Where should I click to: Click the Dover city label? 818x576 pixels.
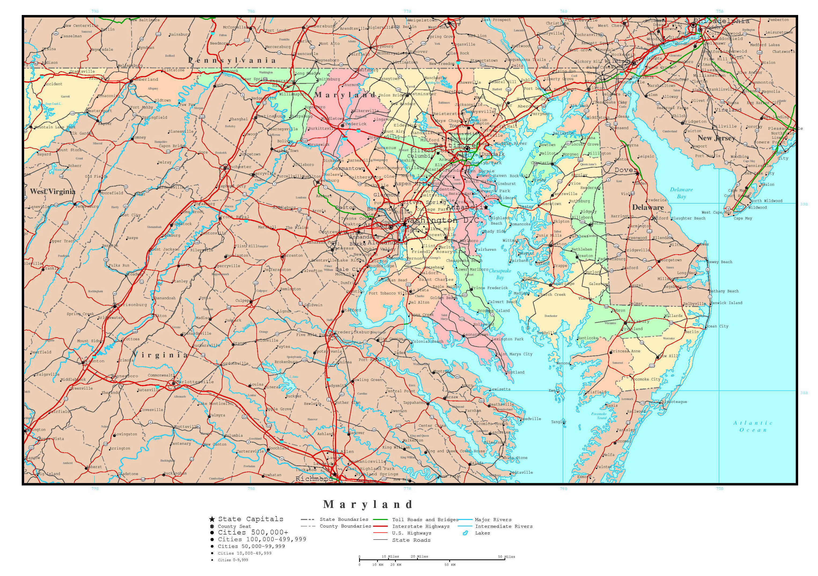point(625,170)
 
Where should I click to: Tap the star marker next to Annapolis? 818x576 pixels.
point(486,207)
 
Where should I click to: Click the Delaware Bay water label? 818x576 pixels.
point(681,193)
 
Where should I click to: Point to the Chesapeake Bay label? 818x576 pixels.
point(500,274)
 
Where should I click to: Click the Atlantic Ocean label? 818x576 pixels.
point(753,427)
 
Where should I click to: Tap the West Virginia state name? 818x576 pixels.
point(53,192)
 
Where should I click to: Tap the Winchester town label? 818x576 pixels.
point(238,167)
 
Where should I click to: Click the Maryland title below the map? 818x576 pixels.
point(368,504)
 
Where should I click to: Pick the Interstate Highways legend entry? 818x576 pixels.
point(421,526)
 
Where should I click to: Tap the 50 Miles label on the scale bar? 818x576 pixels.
point(506,556)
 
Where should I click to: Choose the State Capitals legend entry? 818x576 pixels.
point(250,519)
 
